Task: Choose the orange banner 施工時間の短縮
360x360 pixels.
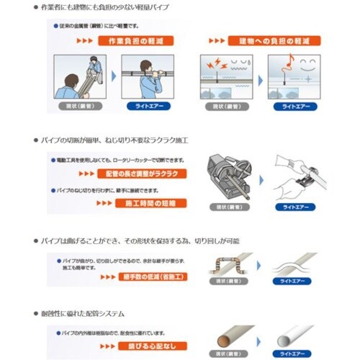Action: point(146,203)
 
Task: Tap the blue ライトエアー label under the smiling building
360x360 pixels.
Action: point(292,107)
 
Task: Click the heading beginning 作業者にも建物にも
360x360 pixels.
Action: point(114,8)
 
